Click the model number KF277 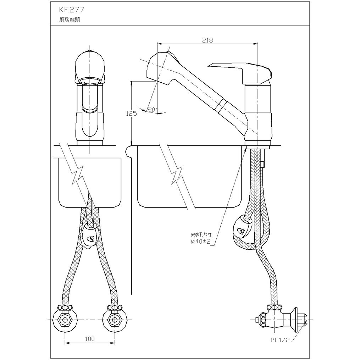point(72,10)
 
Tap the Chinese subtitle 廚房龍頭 point(69,20)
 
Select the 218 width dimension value point(207,40)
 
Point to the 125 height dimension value point(131,113)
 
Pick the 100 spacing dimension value point(90,339)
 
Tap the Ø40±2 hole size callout point(201,241)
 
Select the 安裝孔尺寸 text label point(201,235)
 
